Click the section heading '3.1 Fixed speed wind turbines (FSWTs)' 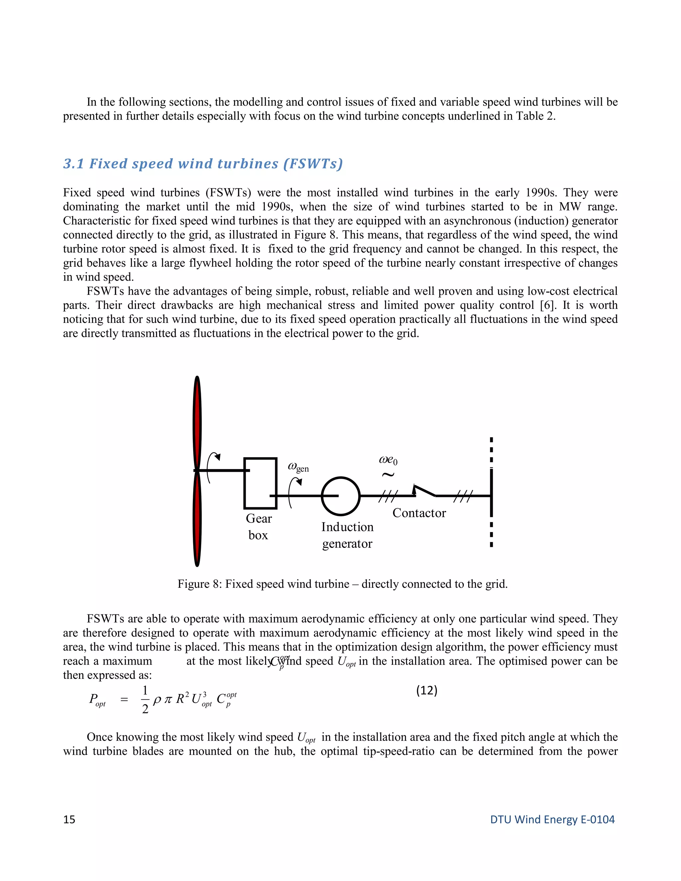point(203,164)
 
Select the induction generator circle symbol point(340,496)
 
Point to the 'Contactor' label point(419,513)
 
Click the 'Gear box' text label point(259,527)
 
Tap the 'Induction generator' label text point(347,535)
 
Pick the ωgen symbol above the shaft point(298,467)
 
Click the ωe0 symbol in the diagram point(388,460)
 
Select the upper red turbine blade point(197,424)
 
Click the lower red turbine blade point(197,520)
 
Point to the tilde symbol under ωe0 point(388,475)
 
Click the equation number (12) point(427,691)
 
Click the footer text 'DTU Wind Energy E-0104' point(552,819)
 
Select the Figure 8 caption point(342,584)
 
